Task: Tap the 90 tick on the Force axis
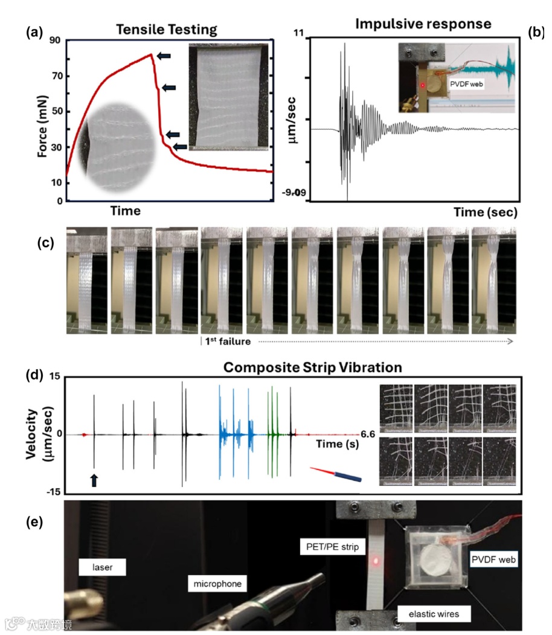[x=55, y=41]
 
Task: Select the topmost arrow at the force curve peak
[x=164, y=56]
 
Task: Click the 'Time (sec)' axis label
[x=486, y=212]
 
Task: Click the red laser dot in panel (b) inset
[x=423, y=86]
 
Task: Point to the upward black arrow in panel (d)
[x=94, y=480]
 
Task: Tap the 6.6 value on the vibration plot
[x=367, y=434]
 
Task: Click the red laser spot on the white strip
[x=377, y=561]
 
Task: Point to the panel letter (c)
[x=47, y=243]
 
